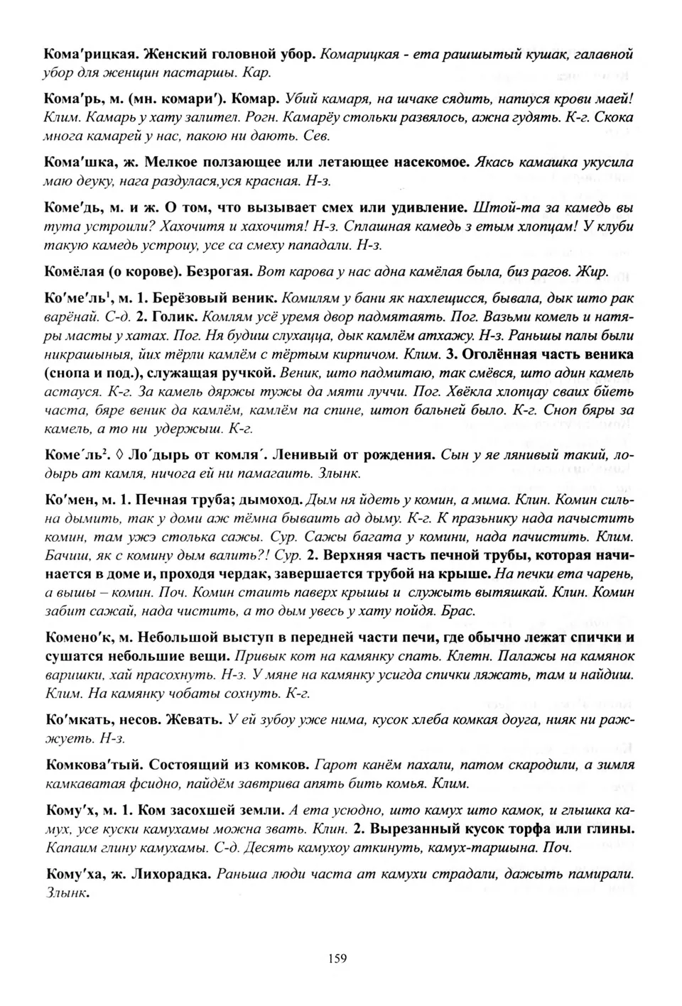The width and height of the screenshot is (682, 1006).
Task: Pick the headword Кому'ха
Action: click(72, 874)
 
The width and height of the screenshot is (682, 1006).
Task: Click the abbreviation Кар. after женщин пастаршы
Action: click(256, 72)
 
